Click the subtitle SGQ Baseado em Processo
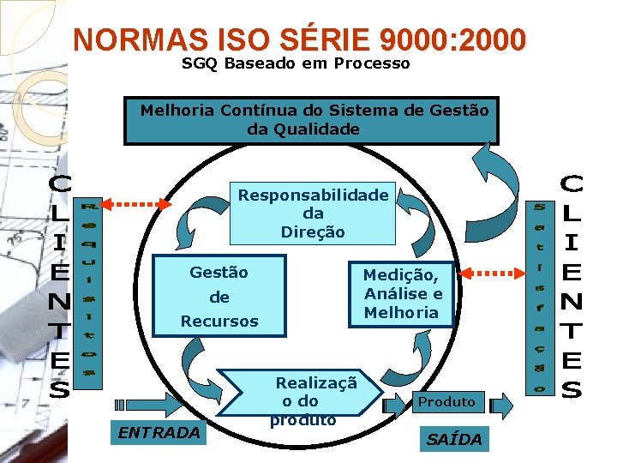coord(296,63)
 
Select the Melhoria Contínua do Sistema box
coord(311,120)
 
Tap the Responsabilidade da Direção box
coord(313,213)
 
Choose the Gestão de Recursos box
coord(219,297)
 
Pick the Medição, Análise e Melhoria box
coord(401,293)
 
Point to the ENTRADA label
coord(159,433)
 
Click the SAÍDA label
coord(454,439)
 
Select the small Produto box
coord(446,401)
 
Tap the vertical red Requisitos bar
coord(88,289)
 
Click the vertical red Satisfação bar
coord(539,297)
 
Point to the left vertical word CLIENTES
coord(59,286)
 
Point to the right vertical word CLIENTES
coord(572,286)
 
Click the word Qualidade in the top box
coord(316,129)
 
